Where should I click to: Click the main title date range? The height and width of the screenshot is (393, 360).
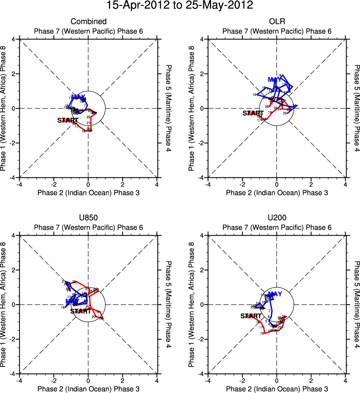pos(180,6)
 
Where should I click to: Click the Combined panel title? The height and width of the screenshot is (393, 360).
pos(89,22)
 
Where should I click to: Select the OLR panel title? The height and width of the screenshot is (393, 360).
pos(277,22)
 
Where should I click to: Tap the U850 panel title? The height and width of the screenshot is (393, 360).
pos(89,218)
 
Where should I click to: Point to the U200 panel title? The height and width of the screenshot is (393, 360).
pos(277,218)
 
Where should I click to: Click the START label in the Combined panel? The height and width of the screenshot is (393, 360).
pos(67,120)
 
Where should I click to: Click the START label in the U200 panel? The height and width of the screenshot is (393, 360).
pos(251,316)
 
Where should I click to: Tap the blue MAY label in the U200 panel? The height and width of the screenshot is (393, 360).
pos(275,294)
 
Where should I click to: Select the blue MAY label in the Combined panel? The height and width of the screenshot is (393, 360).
pos(78,97)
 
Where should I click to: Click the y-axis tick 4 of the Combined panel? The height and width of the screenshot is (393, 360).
pos(13,39)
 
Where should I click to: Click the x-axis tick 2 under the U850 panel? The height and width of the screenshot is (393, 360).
pos(122,380)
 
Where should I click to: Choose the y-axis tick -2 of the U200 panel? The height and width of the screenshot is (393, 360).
pos(201,339)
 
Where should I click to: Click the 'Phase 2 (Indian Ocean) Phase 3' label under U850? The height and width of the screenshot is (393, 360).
pos(89,389)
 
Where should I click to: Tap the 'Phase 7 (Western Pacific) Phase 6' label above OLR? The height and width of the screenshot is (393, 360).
pos(277,31)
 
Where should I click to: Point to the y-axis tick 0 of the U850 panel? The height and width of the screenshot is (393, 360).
pos(13,305)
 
